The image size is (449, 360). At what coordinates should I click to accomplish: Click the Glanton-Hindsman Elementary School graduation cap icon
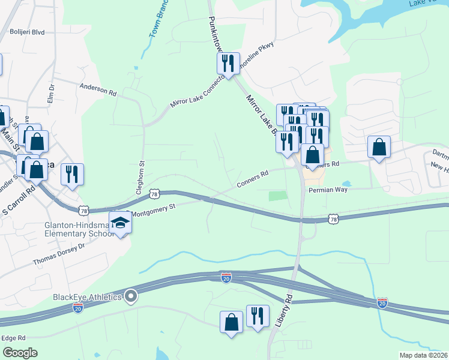(121, 223)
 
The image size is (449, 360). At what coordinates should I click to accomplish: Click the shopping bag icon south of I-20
(232, 322)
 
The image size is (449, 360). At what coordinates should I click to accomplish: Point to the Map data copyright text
(423, 355)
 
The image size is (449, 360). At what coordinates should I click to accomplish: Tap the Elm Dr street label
(51, 95)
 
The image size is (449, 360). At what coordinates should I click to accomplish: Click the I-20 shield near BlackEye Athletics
(77, 308)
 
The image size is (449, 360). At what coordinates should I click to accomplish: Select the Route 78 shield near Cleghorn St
(155, 194)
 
